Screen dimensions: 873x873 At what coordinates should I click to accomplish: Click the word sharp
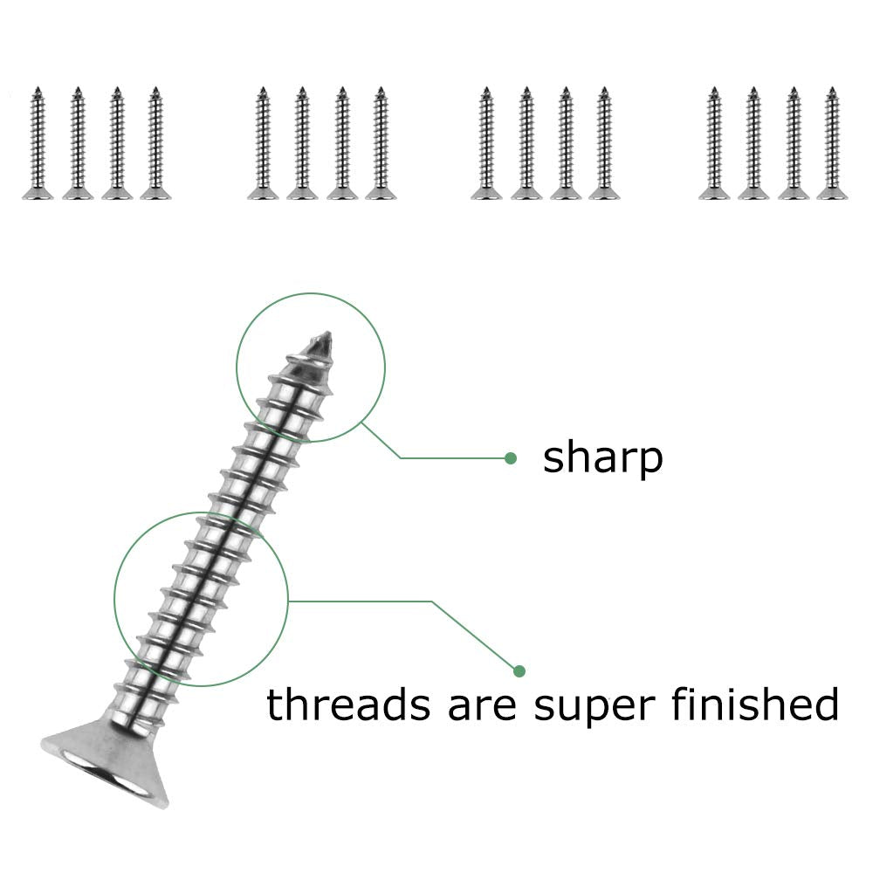click(x=602, y=457)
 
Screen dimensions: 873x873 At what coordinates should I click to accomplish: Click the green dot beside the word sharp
click(x=511, y=457)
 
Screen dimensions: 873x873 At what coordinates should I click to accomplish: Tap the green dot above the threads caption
click(x=519, y=670)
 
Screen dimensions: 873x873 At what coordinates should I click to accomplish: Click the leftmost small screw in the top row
click(x=38, y=144)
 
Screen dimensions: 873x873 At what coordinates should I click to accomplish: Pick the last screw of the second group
click(x=381, y=144)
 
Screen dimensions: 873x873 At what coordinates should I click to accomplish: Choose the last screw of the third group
click(x=604, y=144)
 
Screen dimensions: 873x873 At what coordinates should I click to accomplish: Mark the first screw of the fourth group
click(x=714, y=144)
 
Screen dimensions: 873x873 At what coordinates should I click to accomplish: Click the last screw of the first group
click(x=155, y=144)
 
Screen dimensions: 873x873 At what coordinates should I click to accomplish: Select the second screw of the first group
click(x=77, y=144)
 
